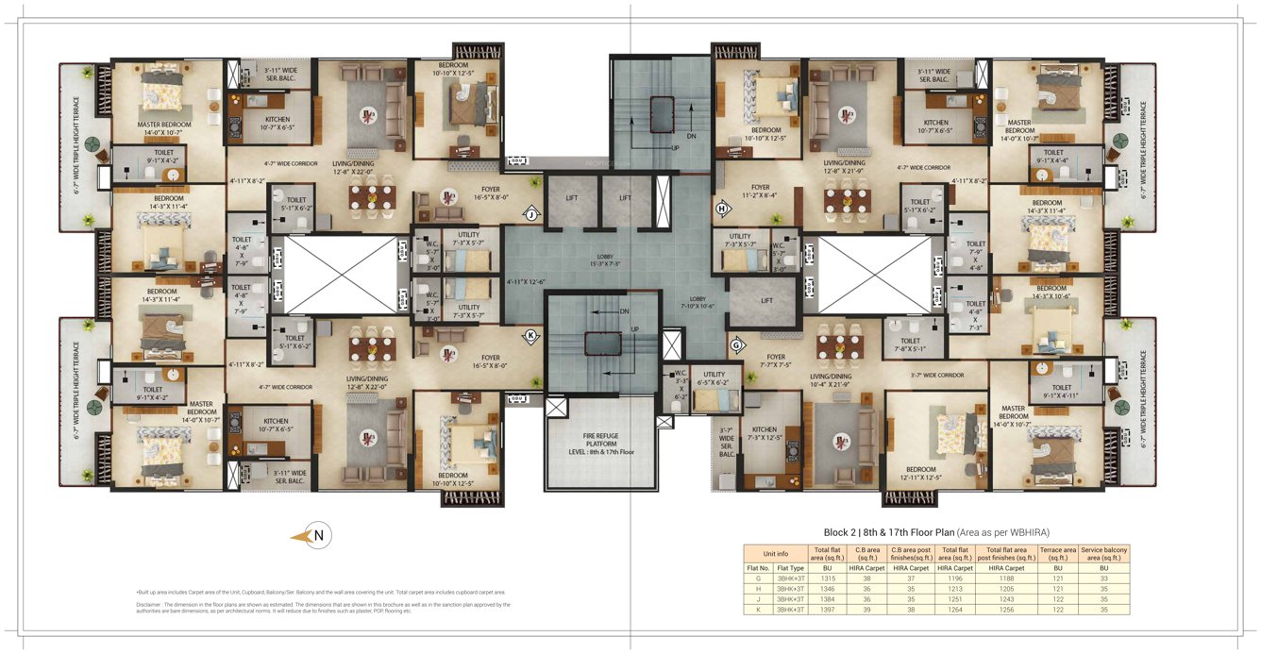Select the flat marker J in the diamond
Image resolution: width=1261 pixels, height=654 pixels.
coord(530,214)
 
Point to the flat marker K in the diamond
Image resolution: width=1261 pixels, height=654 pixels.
coord(530,335)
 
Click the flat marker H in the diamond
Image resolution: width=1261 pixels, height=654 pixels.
coord(724,208)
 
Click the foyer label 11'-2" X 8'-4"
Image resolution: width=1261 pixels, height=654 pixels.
coord(761,192)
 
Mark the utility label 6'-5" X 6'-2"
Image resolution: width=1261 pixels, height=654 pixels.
coord(714,377)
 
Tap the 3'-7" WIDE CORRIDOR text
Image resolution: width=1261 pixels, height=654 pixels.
coord(937,375)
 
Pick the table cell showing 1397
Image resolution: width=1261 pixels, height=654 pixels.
coord(826,611)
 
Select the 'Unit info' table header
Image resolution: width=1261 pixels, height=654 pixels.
coord(776,553)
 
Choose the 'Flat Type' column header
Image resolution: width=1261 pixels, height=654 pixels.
coord(789,566)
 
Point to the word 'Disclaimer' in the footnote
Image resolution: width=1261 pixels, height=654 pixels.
coord(148,604)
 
